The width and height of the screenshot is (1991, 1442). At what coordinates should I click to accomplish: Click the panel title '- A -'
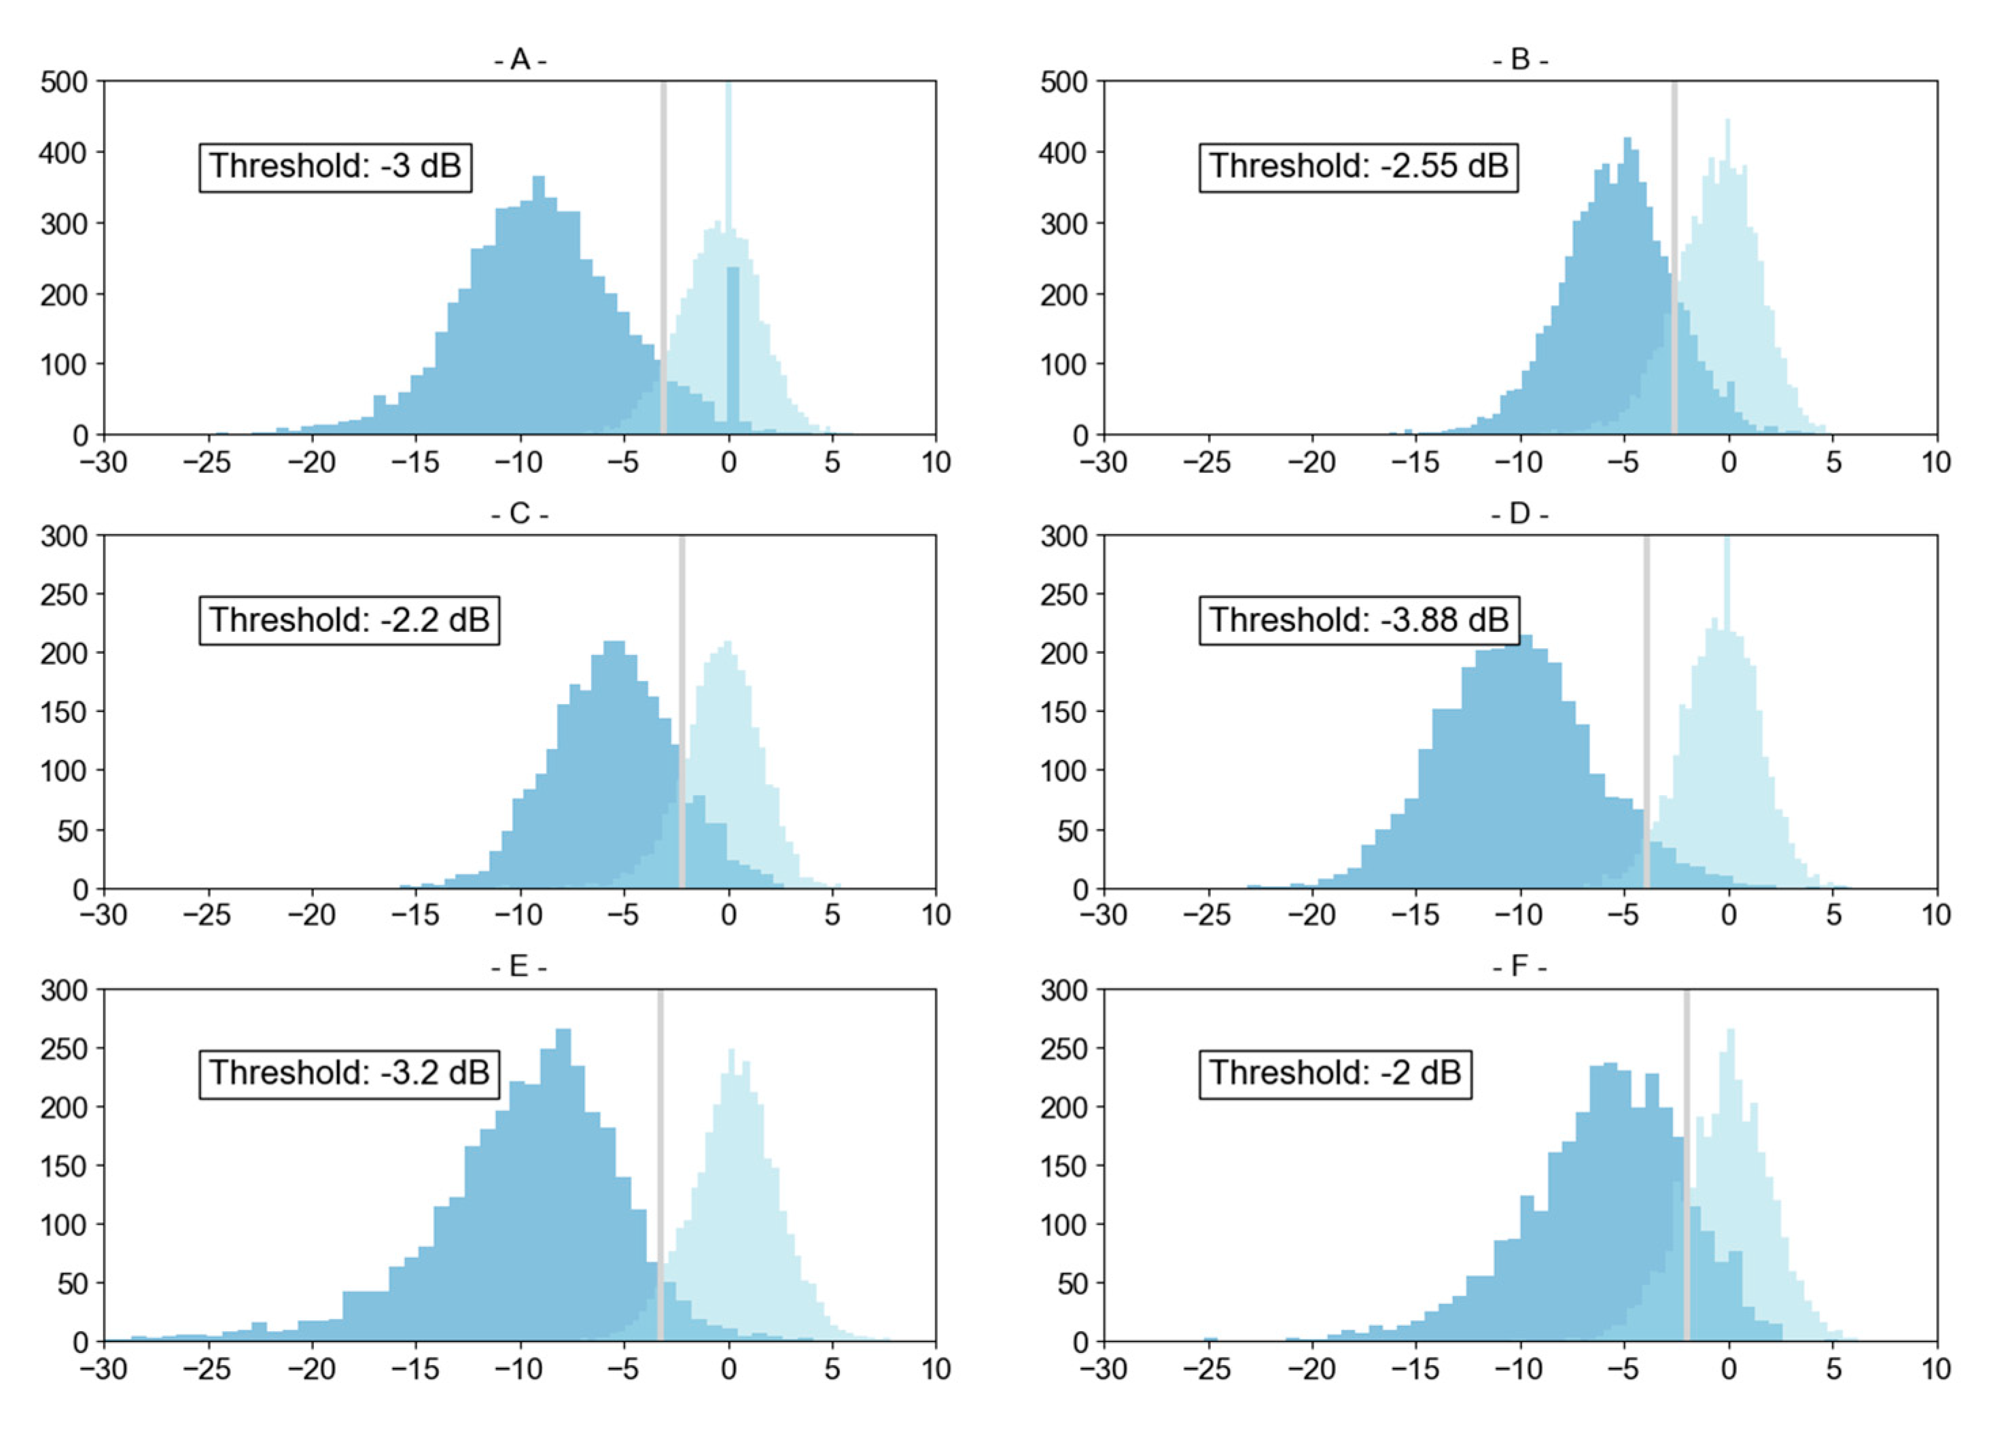click(x=520, y=60)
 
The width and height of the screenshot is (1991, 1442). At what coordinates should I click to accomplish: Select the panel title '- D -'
click(x=1519, y=514)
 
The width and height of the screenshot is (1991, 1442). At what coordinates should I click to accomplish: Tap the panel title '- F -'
click(x=1519, y=966)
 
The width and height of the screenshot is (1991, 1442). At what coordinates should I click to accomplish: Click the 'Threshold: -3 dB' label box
click(x=336, y=166)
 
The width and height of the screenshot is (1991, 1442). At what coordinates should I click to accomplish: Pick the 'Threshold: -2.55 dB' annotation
click(x=1358, y=166)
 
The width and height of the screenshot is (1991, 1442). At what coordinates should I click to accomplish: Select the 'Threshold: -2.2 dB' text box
click(x=349, y=620)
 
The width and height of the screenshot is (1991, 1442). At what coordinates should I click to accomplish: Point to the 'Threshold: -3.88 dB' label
click(x=1358, y=620)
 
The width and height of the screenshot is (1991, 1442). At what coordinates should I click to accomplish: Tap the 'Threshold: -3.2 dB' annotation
click(x=349, y=1072)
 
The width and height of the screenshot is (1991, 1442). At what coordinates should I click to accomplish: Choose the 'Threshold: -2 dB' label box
click(x=1335, y=1072)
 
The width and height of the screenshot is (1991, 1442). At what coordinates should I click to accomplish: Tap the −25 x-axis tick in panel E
click(x=207, y=1369)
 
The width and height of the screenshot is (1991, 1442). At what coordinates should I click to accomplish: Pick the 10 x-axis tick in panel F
click(x=1936, y=1369)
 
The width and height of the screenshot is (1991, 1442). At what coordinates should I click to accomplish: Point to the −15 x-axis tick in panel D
click(x=1415, y=915)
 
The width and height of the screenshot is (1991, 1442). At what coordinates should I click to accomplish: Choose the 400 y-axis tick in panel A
click(x=64, y=154)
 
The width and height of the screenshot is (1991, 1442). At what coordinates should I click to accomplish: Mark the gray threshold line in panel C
click(x=682, y=702)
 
